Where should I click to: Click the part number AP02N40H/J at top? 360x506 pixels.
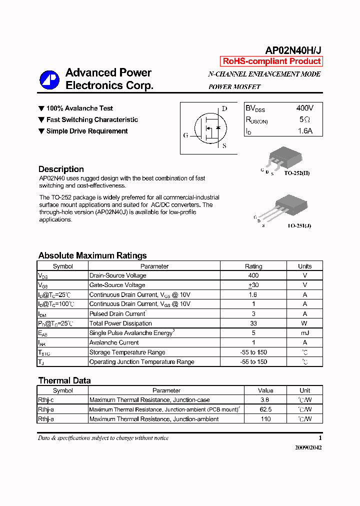(x=293, y=50)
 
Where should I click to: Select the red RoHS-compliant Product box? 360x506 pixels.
(x=271, y=61)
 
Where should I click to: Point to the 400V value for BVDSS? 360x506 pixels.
(x=304, y=108)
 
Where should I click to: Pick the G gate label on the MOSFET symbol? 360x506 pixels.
(x=185, y=135)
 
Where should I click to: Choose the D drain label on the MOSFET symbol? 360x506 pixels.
(x=224, y=108)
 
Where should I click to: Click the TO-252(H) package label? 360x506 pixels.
(x=297, y=173)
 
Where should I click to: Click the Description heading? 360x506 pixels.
(x=61, y=169)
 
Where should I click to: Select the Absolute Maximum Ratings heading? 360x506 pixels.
(x=92, y=255)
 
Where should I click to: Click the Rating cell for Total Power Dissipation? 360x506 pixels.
(x=253, y=323)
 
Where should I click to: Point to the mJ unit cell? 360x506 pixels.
(x=304, y=333)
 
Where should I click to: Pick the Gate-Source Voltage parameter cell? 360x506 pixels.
(x=117, y=285)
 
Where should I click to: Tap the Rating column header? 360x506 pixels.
(x=253, y=266)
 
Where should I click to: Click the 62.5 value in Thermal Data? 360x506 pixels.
(x=265, y=409)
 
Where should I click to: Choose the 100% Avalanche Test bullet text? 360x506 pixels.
(x=79, y=108)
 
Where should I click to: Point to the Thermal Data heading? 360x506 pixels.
(x=64, y=380)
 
